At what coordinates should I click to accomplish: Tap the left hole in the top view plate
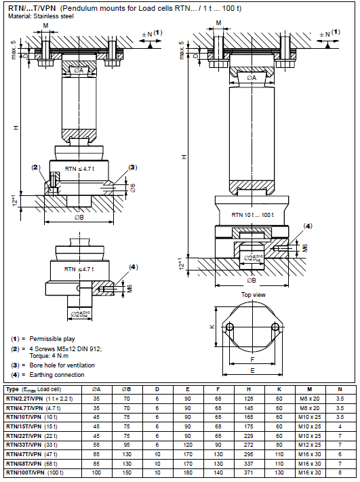pos(231,327)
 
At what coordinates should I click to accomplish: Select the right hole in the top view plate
pos(277,327)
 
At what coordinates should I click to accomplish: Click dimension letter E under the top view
pos(254,371)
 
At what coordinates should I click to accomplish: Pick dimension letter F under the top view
pos(254,360)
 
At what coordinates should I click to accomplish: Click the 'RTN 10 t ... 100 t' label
pos(253,215)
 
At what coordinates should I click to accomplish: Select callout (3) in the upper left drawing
pos(133,167)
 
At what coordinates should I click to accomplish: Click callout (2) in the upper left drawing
pos(36,167)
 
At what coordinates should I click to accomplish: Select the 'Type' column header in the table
pos(14,389)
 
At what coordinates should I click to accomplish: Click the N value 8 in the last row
pos(340,470)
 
